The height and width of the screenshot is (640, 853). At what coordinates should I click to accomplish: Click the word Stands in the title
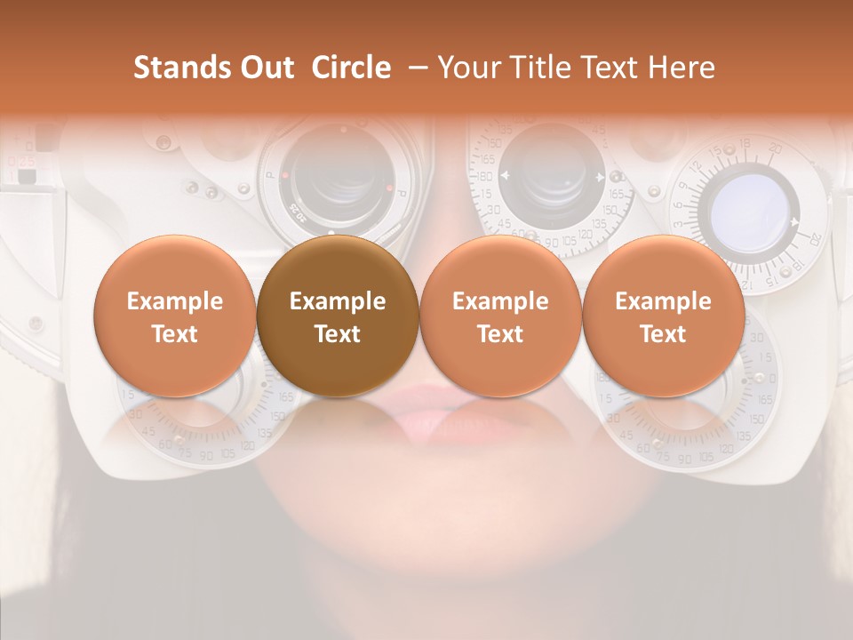181,68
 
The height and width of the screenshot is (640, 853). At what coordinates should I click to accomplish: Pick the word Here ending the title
682,68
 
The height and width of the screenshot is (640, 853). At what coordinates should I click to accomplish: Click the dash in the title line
414,68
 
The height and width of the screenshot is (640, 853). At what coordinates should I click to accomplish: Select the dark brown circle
338,316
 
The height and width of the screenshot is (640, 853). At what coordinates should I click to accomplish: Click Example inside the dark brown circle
338,301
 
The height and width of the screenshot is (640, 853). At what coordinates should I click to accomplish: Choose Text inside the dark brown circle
338,334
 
